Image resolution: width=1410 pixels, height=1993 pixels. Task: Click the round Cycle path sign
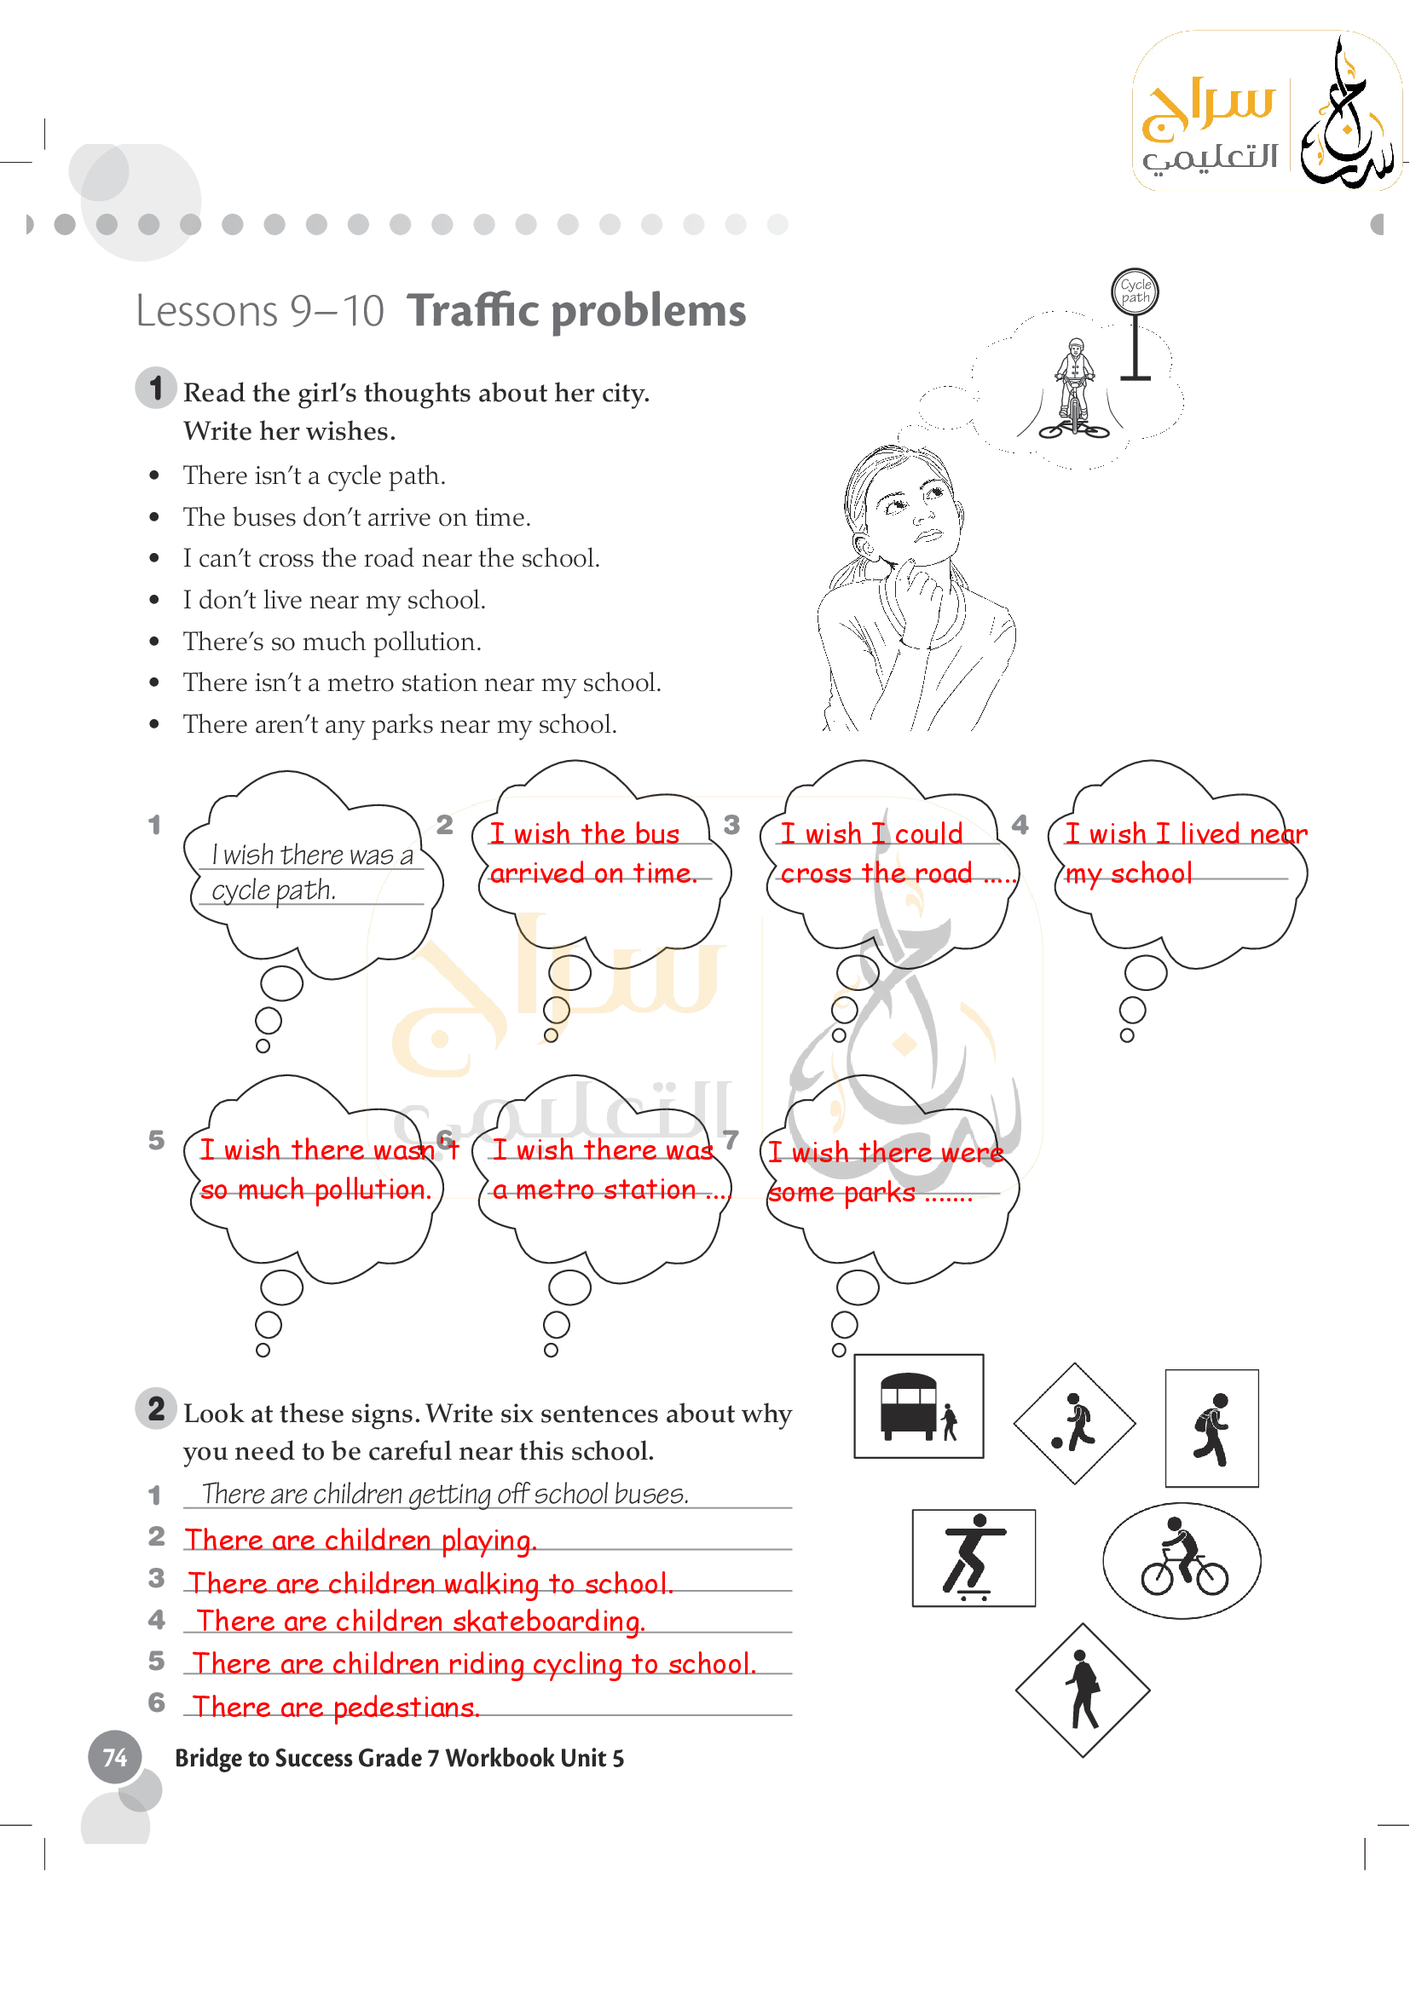tap(1135, 291)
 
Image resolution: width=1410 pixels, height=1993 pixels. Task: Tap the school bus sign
tap(919, 1406)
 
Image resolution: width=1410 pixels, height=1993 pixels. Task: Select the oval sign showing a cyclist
tap(1182, 1561)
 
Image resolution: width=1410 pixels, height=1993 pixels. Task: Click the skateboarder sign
tap(974, 1558)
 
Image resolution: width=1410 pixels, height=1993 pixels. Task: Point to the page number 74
tap(114, 1758)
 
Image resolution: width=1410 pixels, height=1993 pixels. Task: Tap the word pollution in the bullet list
tap(425, 642)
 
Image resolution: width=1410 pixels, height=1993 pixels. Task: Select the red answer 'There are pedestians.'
tap(335, 1708)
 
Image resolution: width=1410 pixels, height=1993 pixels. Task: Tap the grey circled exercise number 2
tap(156, 1408)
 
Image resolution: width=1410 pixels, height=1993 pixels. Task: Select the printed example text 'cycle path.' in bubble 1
tap(274, 890)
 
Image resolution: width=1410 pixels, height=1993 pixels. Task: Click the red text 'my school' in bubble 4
tap(1129, 874)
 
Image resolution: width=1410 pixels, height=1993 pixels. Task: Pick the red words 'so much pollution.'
tap(316, 1190)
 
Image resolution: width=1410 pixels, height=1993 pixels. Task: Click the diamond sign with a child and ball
tap(1075, 1424)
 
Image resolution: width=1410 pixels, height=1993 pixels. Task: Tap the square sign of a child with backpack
tap(1211, 1429)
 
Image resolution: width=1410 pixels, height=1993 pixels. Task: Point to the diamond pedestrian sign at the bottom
tap(1083, 1690)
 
